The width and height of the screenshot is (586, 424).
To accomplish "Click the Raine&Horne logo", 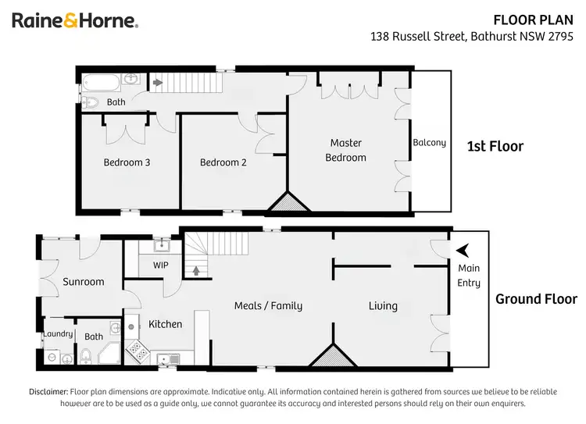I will click(x=75, y=20).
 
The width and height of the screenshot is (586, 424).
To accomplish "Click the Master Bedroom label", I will click(x=345, y=150).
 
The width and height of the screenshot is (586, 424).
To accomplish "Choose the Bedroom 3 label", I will click(x=127, y=162).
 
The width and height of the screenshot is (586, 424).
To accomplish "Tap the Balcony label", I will click(x=430, y=142).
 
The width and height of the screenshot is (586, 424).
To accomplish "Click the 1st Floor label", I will click(x=495, y=146).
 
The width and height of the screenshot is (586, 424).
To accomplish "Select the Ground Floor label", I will click(x=536, y=299).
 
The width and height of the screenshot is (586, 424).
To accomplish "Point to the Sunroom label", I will click(x=84, y=282).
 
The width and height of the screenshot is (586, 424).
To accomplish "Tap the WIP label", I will click(x=160, y=265).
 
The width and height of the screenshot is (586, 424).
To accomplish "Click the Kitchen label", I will click(x=165, y=324).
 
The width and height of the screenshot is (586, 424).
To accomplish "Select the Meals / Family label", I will click(x=268, y=306).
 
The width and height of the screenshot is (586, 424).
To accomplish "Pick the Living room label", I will click(x=383, y=306).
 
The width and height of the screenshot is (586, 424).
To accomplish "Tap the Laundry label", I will click(x=59, y=334).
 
